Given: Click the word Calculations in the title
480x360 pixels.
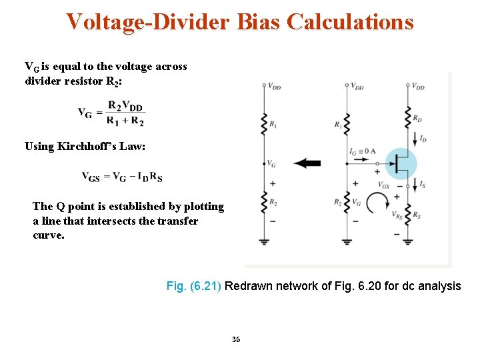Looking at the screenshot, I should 350,22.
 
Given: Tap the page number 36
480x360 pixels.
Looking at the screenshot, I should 236,339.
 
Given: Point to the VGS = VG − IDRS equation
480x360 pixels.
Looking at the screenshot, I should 122,177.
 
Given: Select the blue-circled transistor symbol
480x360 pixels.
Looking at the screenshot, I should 401,163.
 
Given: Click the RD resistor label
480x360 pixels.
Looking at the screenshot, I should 417,119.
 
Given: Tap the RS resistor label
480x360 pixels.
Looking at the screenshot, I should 417,215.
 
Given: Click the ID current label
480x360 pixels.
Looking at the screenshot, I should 423,139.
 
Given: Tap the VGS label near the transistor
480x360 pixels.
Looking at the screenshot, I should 384,185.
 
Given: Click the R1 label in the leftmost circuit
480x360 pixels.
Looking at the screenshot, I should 274,124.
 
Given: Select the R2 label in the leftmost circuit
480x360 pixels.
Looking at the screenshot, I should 274,201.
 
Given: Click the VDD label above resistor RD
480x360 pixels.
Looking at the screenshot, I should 418,86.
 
